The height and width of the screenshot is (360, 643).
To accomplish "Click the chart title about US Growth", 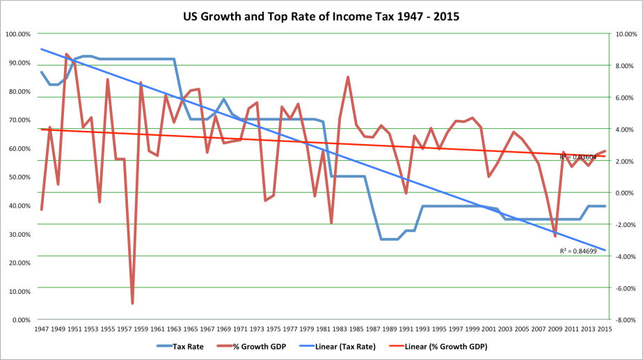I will click(321, 15).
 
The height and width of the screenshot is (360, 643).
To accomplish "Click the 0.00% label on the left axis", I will click(20, 320).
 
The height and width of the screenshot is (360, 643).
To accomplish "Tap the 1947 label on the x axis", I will click(41, 329).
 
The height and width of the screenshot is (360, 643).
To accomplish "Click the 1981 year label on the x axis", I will click(324, 329).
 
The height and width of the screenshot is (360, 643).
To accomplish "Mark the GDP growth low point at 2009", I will click(555, 237).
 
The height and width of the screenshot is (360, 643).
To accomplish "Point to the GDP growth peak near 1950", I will click(67, 54).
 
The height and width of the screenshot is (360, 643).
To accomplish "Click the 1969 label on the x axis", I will click(224, 329).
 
